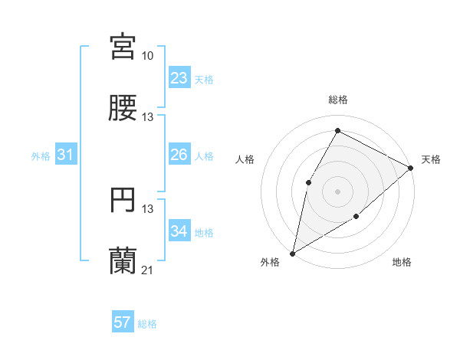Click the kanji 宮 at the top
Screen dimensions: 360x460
(x=123, y=47)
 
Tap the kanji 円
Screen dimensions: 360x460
(x=123, y=201)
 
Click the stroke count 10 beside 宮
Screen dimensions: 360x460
(x=148, y=56)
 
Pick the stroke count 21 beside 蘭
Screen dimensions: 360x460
(x=148, y=271)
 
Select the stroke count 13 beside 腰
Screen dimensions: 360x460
(x=148, y=117)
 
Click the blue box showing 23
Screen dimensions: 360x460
(x=179, y=78)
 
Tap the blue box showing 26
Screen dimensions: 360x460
(x=179, y=155)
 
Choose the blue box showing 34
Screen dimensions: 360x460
(x=179, y=231)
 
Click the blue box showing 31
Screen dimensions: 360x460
(x=66, y=155)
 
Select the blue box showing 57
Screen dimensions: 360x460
(x=123, y=322)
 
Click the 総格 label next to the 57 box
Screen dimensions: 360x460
(x=147, y=324)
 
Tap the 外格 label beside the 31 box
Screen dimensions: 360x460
(x=41, y=156)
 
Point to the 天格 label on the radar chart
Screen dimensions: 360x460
(x=431, y=159)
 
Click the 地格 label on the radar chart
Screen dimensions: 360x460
(x=402, y=263)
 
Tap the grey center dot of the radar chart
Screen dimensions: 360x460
(x=337, y=191)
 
